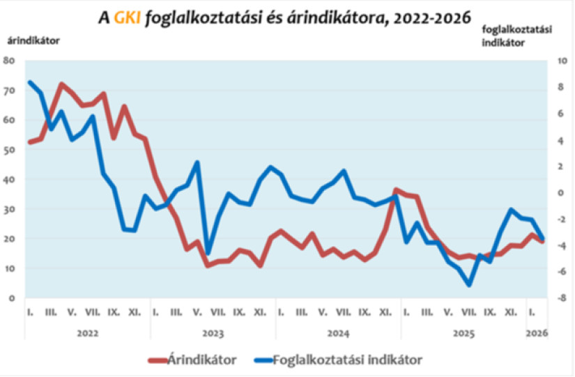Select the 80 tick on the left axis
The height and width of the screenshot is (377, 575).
point(10,61)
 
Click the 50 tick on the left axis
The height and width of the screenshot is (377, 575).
point(10,150)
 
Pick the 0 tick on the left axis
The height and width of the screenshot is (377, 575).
point(13,298)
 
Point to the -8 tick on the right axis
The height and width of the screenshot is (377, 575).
point(551,298)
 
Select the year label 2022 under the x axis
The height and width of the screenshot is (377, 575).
point(87,333)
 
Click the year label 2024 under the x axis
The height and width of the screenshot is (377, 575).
point(338,333)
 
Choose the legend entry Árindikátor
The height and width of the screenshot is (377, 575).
point(202,360)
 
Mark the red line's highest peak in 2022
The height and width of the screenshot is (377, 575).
point(61,84)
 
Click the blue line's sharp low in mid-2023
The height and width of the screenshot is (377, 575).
point(208,252)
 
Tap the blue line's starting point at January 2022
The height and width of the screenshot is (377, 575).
point(30,82)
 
